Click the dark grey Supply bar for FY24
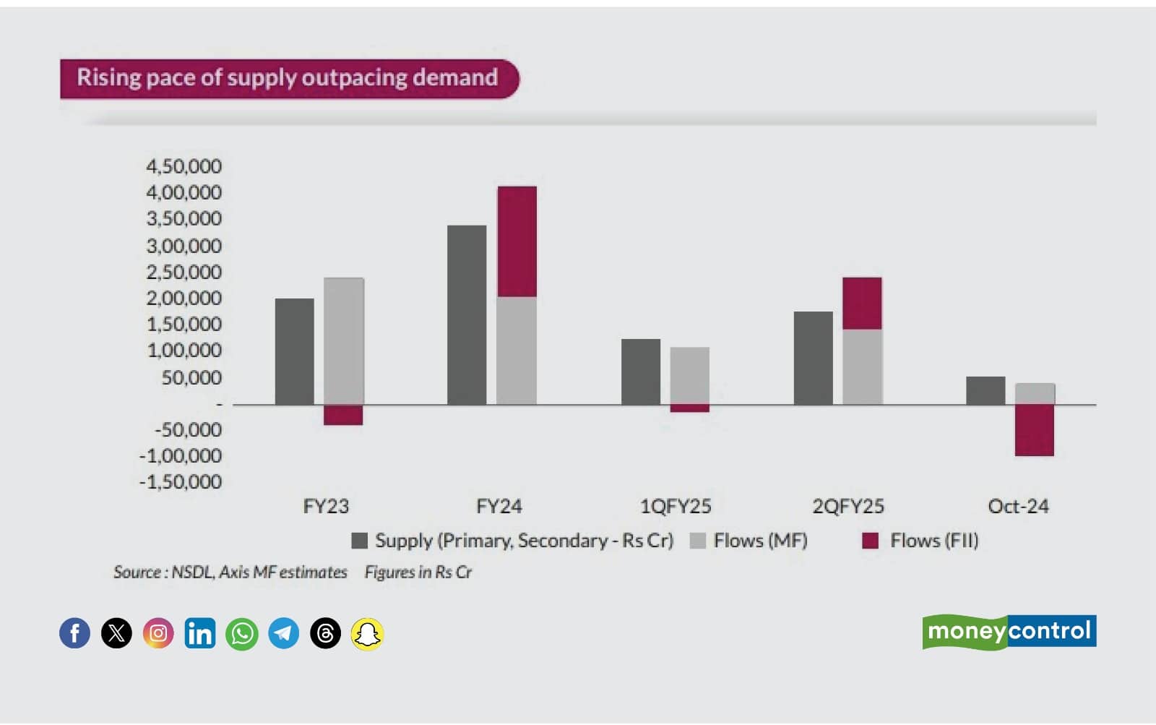467,314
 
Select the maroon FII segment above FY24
517,241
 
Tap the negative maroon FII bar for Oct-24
1034,430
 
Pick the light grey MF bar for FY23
343,340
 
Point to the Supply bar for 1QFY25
641,372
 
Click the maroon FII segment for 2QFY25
862,303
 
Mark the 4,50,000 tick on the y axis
184,166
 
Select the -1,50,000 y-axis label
181,481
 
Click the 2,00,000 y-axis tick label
184,298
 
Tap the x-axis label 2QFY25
848,506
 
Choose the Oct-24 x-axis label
1018,506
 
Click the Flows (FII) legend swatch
871,541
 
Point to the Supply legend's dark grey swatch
359,541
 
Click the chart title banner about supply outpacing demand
288,78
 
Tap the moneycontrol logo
1009,632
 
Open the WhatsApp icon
242,634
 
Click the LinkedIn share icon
200,634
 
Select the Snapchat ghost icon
367,634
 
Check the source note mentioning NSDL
230,572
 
